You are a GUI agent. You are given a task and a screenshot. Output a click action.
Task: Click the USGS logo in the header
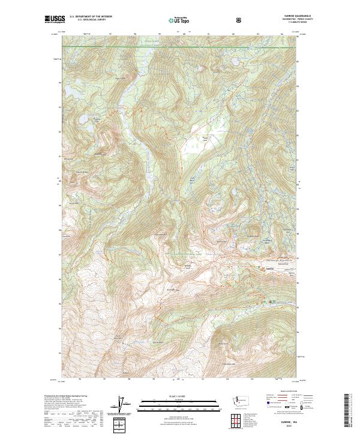point(52,20)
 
